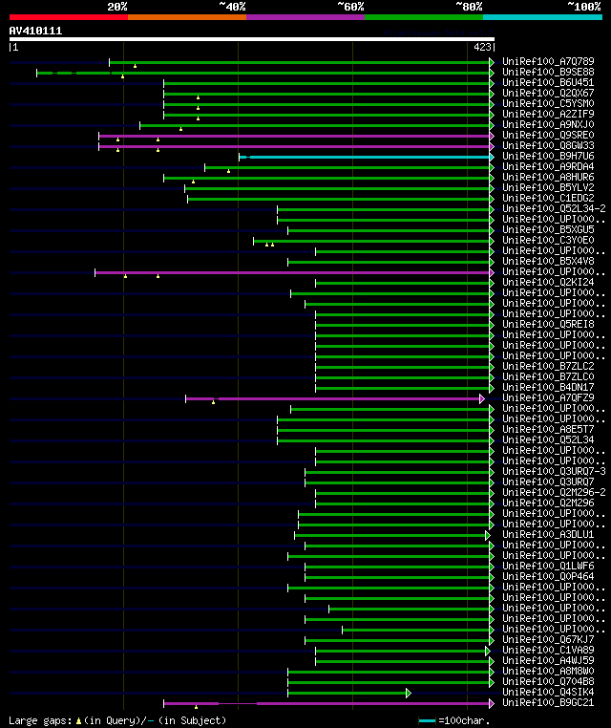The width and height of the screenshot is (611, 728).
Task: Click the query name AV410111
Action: pyautogui.click(x=35, y=31)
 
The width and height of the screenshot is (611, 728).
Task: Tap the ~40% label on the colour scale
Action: pyautogui.click(x=232, y=6)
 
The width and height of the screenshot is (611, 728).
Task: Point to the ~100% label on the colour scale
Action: pyautogui.click(x=584, y=6)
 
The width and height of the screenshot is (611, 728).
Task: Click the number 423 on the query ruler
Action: pyautogui.click(x=482, y=46)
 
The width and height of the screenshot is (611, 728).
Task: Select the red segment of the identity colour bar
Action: pyautogui.click(x=68, y=16)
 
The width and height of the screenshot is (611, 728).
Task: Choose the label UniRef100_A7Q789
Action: pyautogui.click(x=548, y=62)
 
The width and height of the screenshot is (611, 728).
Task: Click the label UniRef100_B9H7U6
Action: pyautogui.click(x=548, y=157)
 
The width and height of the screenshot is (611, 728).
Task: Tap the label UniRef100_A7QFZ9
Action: pyautogui.click(x=548, y=398)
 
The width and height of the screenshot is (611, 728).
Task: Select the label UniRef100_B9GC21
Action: pyautogui.click(x=548, y=703)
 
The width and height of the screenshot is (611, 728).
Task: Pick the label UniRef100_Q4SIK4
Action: pyautogui.click(x=548, y=693)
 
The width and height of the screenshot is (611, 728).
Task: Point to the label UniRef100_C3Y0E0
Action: pyautogui.click(x=548, y=241)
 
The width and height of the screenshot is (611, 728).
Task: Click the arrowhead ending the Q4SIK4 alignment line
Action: pyautogui.click(x=408, y=693)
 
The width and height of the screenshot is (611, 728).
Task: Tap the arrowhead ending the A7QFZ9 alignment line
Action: pyautogui.click(x=482, y=398)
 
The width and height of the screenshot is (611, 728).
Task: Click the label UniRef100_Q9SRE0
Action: pyautogui.click(x=548, y=136)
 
